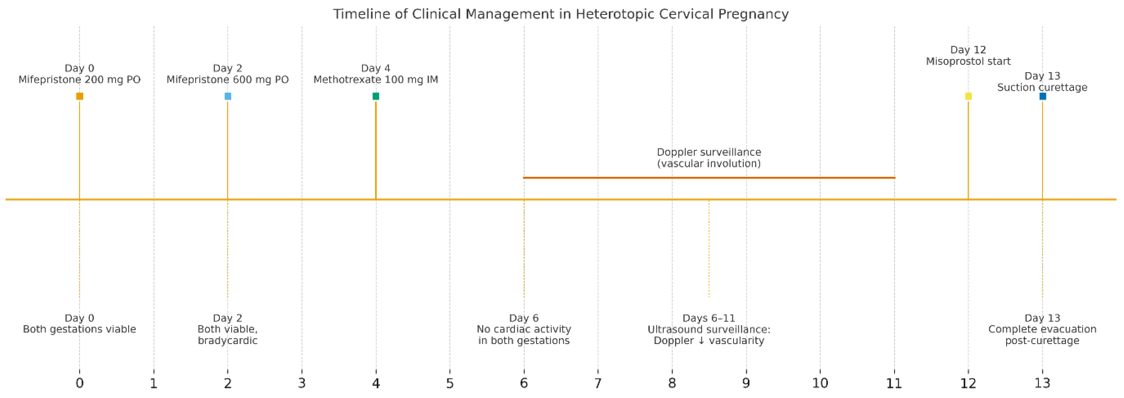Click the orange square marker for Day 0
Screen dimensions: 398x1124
coord(79,96)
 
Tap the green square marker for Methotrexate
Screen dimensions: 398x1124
coord(376,96)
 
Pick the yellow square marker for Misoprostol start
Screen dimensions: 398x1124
coord(968,96)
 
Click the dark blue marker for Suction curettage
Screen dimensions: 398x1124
coord(1043,96)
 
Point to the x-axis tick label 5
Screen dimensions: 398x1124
coord(450,383)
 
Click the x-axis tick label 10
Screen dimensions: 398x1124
coord(820,383)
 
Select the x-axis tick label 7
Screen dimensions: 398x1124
coord(598,383)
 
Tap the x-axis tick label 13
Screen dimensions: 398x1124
coord(1043,383)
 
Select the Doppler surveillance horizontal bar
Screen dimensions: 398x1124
coord(709,178)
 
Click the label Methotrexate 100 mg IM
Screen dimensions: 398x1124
coord(376,80)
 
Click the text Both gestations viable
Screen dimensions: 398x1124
coord(79,329)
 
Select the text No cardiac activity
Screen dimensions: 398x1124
coord(524,329)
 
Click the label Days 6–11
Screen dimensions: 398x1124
coord(709,318)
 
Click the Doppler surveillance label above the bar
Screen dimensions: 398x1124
coord(709,152)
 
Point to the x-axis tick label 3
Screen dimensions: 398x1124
coord(302,383)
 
